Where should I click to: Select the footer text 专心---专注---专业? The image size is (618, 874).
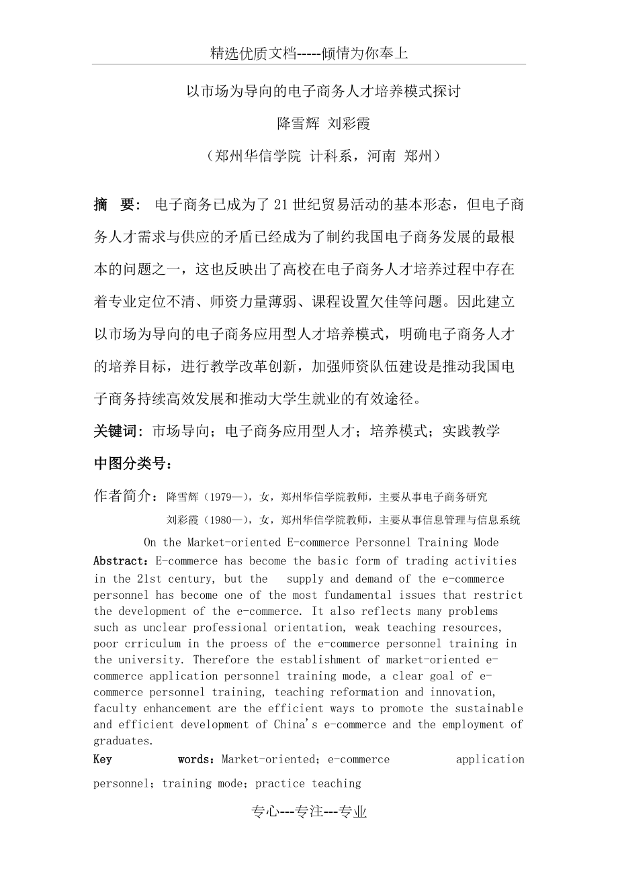click(309, 812)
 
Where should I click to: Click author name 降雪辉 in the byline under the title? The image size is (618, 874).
click(297, 124)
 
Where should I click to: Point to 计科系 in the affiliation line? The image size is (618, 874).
click(334, 156)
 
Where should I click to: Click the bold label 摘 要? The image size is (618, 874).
click(116, 205)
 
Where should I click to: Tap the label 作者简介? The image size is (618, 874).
click(126, 496)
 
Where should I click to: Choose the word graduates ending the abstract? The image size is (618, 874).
click(121, 741)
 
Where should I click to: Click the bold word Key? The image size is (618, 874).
click(103, 760)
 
